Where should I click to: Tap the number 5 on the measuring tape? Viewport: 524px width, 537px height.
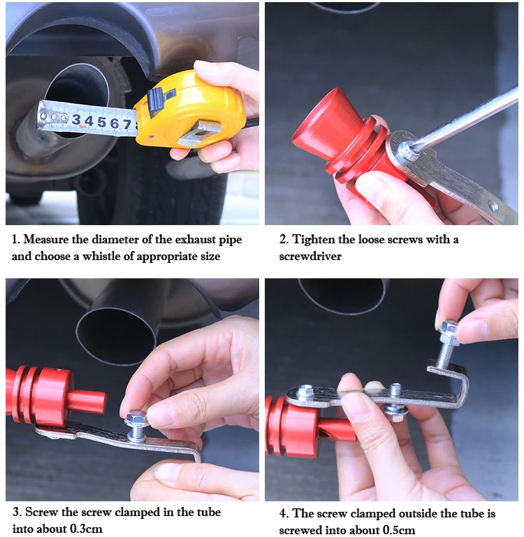click(101, 122)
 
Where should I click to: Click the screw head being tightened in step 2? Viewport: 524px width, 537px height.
click(405, 150)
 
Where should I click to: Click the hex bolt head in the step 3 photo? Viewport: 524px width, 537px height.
click(136, 419)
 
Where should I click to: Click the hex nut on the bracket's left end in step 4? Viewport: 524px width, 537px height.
click(305, 391)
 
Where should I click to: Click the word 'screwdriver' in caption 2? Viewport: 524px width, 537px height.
click(310, 256)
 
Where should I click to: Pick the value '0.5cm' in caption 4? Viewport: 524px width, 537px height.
click(399, 530)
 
